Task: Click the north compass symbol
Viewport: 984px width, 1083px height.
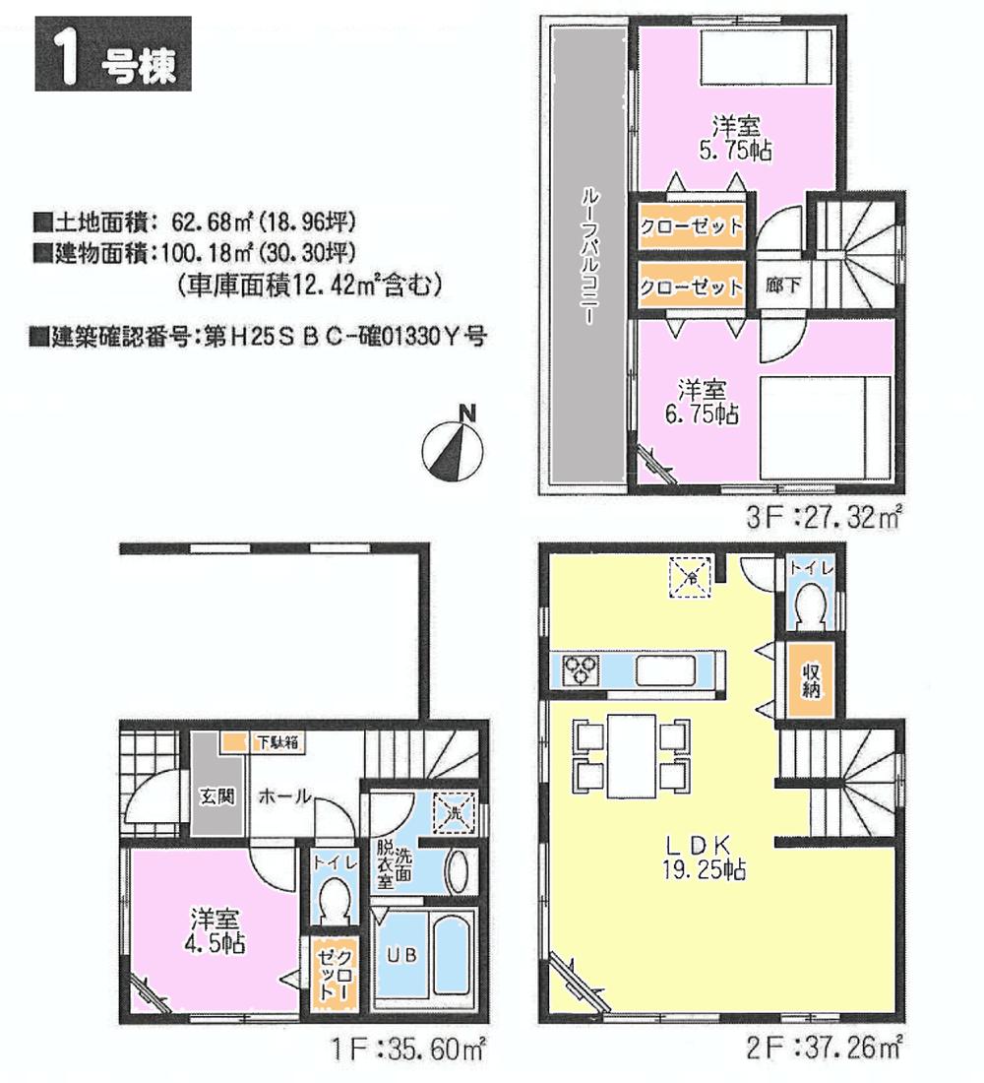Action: coord(454,443)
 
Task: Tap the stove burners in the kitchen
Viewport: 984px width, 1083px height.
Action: coord(580,669)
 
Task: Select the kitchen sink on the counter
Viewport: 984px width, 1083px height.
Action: coord(666,670)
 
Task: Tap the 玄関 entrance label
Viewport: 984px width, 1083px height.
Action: coord(216,796)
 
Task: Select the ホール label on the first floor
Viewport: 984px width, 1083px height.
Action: coord(284,796)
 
